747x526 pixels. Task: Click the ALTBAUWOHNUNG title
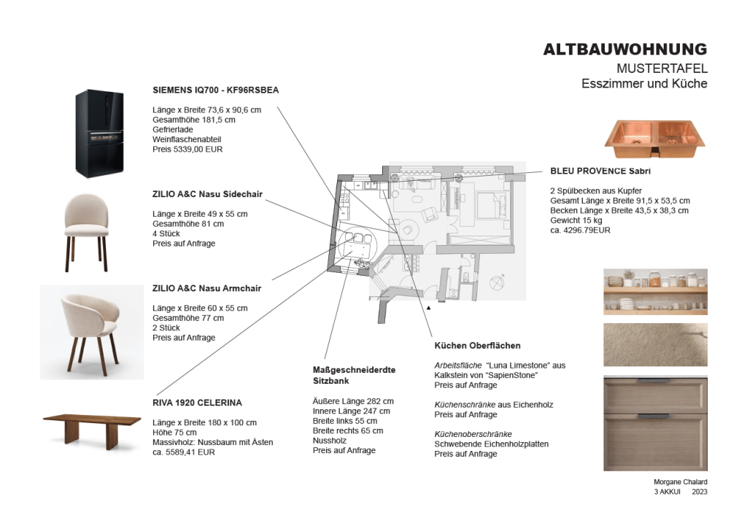[624, 50]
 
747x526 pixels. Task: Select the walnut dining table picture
[91, 425]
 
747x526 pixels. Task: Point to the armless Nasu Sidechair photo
[86, 231]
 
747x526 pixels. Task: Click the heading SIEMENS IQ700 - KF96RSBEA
[215, 90]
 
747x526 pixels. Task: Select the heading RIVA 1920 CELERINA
[197, 403]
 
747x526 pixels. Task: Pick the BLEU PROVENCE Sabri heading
[600, 171]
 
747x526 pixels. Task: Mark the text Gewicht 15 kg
[576, 220]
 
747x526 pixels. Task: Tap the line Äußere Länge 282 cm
[353, 401]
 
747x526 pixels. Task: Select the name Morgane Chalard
[680, 482]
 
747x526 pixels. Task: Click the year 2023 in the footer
[699, 492]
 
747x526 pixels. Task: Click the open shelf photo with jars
[655, 291]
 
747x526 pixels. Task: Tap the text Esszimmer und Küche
[644, 84]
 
